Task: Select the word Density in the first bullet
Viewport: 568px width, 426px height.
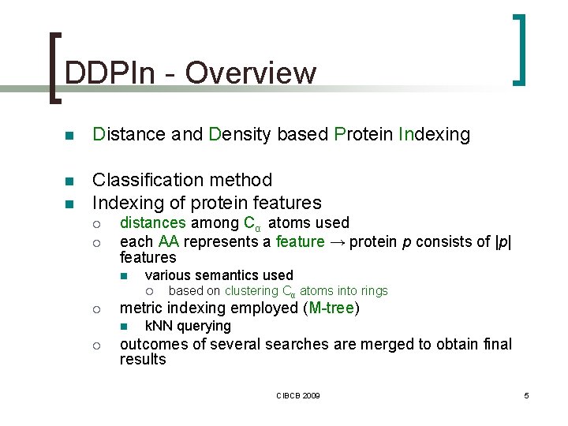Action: (x=240, y=135)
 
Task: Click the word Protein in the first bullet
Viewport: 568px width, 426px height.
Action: (x=364, y=135)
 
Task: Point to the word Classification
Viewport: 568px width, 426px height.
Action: (x=144, y=180)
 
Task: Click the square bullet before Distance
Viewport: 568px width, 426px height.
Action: (x=69, y=136)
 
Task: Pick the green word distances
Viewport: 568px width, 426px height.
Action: (x=153, y=223)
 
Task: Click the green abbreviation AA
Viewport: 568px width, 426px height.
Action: (x=169, y=241)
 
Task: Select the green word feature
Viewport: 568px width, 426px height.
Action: (x=300, y=241)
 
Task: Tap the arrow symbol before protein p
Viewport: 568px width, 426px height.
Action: (x=337, y=241)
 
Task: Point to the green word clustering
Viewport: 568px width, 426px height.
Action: (x=252, y=291)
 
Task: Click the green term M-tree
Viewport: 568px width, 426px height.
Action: (x=331, y=308)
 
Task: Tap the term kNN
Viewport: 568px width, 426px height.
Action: (x=160, y=326)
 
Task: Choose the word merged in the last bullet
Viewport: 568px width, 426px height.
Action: (x=364, y=344)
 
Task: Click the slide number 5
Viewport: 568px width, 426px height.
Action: (x=526, y=394)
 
